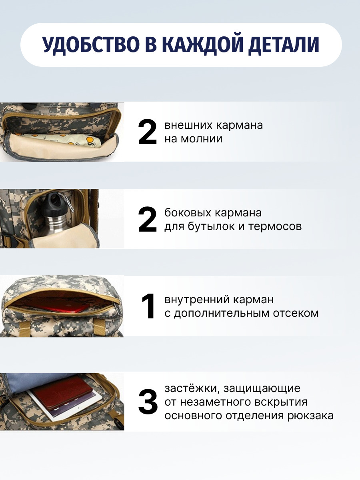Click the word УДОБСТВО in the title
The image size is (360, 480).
91,44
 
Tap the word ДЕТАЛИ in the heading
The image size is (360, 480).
284,45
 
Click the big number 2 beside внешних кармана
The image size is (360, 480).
148,132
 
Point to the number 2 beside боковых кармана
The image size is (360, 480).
148,219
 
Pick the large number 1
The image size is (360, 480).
148,306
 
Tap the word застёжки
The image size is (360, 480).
192,388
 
